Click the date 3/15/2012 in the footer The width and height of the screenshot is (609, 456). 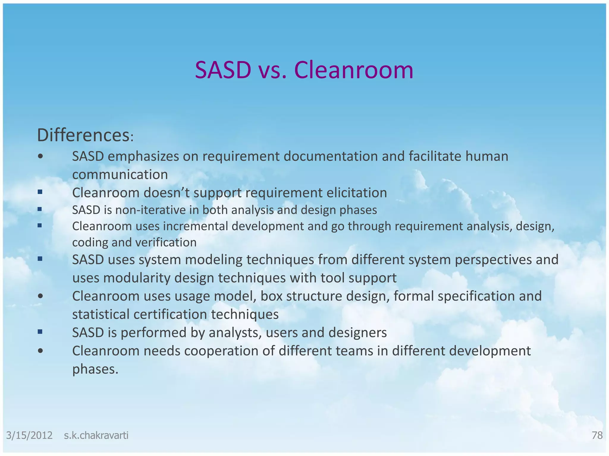29,435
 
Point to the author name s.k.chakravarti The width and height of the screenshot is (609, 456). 96,435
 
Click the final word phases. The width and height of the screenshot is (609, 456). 95,369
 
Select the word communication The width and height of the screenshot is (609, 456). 120,175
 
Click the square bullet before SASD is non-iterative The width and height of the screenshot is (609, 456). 40,209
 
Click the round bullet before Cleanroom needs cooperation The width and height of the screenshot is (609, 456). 41,351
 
